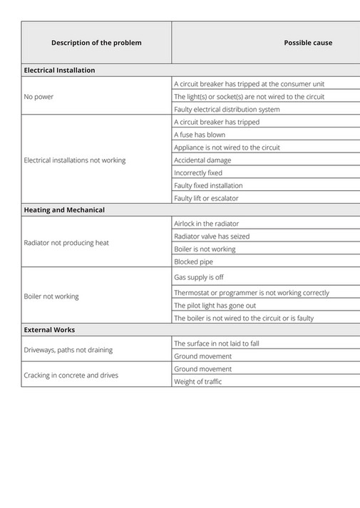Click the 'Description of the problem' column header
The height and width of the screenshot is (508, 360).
tap(96, 43)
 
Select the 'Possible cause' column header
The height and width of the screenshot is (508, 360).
tap(308, 43)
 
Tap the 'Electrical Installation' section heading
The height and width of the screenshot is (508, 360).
tap(59, 71)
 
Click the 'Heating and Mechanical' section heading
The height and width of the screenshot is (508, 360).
tap(64, 210)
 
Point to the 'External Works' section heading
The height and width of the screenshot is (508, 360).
tap(49, 330)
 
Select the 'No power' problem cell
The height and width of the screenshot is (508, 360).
tap(38, 96)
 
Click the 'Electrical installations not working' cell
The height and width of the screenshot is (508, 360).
tap(75, 160)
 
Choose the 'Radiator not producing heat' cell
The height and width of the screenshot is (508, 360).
tap(66, 243)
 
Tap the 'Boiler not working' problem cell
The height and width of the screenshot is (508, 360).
tap(51, 296)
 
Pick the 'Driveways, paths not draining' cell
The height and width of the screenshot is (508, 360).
tap(68, 350)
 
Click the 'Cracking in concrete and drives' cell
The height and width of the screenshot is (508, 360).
tap(71, 375)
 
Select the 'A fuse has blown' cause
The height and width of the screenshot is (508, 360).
tap(200, 135)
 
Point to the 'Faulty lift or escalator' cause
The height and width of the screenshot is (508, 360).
tap(207, 198)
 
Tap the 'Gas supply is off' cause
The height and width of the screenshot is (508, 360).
tap(199, 277)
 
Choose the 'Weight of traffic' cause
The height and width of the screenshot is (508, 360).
tap(198, 382)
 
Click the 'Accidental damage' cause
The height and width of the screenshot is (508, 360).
tap(202, 160)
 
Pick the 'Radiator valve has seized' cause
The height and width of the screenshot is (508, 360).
tap(212, 236)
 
